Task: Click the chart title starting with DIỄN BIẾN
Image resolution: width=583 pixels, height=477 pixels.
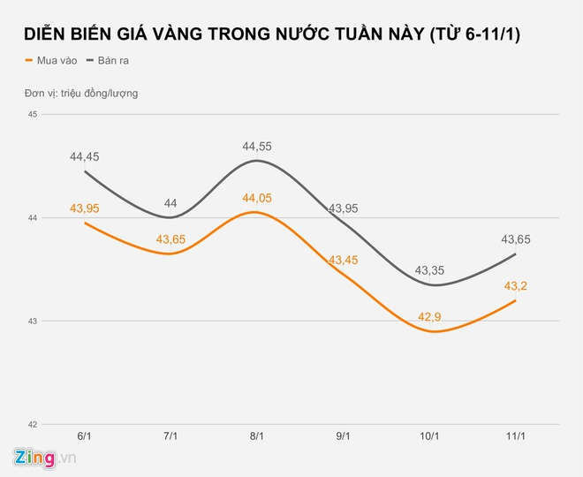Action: [272, 34]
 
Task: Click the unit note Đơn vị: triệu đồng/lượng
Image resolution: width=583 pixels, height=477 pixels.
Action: [80, 93]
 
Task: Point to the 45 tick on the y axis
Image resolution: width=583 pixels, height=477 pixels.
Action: [32, 114]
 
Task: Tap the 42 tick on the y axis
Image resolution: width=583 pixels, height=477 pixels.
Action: [32, 424]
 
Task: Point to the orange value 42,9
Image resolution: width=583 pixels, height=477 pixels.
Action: [428, 316]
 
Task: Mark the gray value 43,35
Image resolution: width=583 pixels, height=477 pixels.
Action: [428, 269]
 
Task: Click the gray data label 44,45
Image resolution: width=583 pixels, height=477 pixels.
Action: [84, 156]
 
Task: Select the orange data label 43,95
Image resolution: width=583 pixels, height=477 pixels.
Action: [84, 208]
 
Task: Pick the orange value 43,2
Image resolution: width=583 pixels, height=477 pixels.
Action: [515, 285]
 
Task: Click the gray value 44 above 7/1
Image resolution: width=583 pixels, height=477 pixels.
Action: [170, 203]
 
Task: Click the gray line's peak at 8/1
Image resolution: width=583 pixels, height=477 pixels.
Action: [256, 161]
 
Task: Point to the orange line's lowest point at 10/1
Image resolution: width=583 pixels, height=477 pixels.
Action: [428, 331]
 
